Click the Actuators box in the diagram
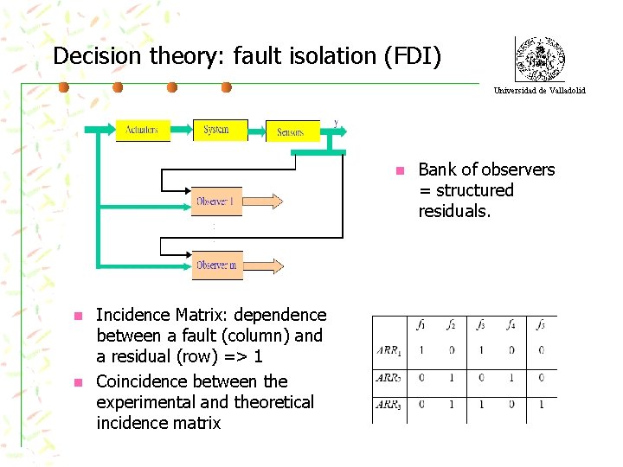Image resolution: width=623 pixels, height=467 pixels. coord(143,130)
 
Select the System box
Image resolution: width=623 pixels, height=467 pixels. coord(219,130)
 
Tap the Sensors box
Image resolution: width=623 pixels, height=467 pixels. coord(292,131)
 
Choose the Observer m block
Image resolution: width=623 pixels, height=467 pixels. coord(217,265)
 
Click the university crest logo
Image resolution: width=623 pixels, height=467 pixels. coord(539,59)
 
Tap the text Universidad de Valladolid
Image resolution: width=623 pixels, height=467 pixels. coord(539,90)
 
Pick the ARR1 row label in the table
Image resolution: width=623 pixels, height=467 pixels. coord(389,350)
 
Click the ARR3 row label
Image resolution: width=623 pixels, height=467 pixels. coord(389,404)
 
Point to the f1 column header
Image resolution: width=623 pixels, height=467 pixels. coord(421,325)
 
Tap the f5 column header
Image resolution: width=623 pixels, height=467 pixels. coord(541,325)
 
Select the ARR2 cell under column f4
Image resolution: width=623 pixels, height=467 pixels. coord(511,377)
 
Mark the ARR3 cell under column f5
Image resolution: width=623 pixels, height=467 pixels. coord(541,404)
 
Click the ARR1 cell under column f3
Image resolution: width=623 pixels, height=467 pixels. coord(481,350)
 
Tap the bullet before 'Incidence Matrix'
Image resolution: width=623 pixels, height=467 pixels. coord(77,316)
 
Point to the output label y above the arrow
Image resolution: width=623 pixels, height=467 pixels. coord(336,122)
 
